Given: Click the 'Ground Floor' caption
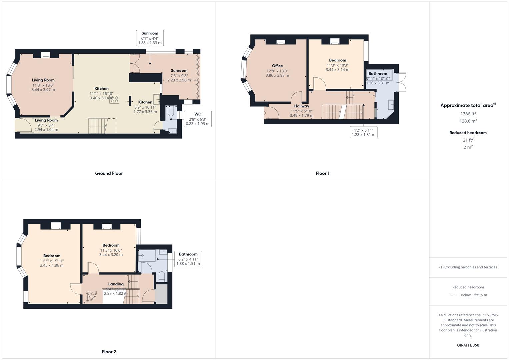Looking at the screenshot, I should (x=109, y=173).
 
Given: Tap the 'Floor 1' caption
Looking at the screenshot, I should (x=322, y=173).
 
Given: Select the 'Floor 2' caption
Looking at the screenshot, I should (x=109, y=352).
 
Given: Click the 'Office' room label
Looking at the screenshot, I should (x=277, y=66).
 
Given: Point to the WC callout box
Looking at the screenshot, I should (x=197, y=119).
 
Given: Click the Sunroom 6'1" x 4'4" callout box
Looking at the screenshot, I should (x=150, y=38).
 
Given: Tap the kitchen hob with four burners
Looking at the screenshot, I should (x=114, y=99).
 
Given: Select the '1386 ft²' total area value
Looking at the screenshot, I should (x=468, y=114).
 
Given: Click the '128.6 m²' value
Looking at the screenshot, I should (x=468, y=121).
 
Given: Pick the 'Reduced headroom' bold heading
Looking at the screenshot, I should (x=468, y=133).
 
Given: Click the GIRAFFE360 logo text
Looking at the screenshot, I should (x=468, y=345).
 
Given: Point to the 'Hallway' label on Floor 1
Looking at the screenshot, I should (x=301, y=106).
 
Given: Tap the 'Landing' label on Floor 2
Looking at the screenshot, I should (x=116, y=284).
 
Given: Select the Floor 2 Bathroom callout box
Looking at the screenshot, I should (x=188, y=259).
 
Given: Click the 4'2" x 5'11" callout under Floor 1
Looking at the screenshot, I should (x=363, y=132).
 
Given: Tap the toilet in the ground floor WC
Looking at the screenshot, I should (x=170, y=111).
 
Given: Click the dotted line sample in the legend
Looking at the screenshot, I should (x=454, y=295).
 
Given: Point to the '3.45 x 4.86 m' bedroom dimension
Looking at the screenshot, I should (x=52, y=265).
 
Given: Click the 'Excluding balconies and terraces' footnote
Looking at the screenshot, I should (x=468, y=267).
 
